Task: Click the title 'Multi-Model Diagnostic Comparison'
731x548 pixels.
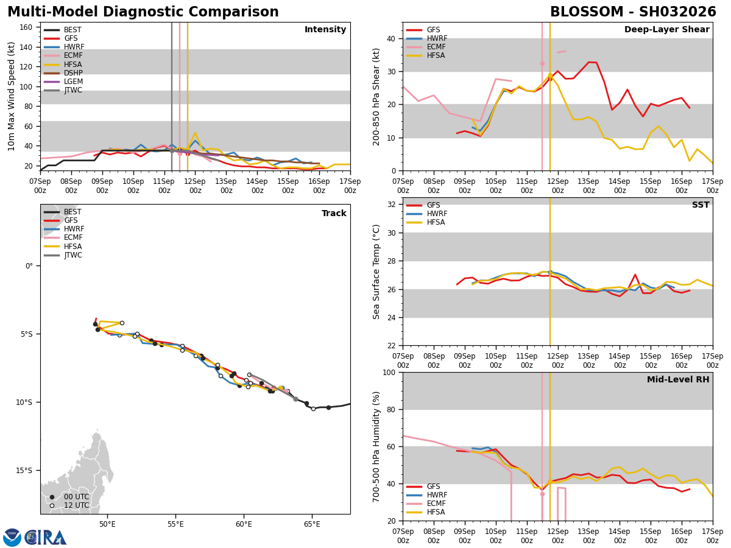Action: [143, 12]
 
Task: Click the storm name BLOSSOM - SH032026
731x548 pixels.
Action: [633, 12]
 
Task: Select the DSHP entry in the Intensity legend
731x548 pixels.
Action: [73, 73]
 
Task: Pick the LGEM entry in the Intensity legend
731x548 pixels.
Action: [73, 82]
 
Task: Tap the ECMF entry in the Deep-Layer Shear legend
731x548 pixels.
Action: [436, 47]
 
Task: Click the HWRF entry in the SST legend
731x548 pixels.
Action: [437, 214]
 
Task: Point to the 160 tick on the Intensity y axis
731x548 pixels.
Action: [27, 27]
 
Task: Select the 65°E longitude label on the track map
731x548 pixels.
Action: [312, 525]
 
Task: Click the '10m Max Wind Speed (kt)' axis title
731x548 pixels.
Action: [12, 96]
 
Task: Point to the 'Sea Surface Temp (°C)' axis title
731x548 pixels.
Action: [377, 272]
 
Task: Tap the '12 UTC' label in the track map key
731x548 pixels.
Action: [76, 505]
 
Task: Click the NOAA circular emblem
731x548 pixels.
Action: [12, 538]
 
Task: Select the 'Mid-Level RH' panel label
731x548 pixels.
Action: [678, 380]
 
